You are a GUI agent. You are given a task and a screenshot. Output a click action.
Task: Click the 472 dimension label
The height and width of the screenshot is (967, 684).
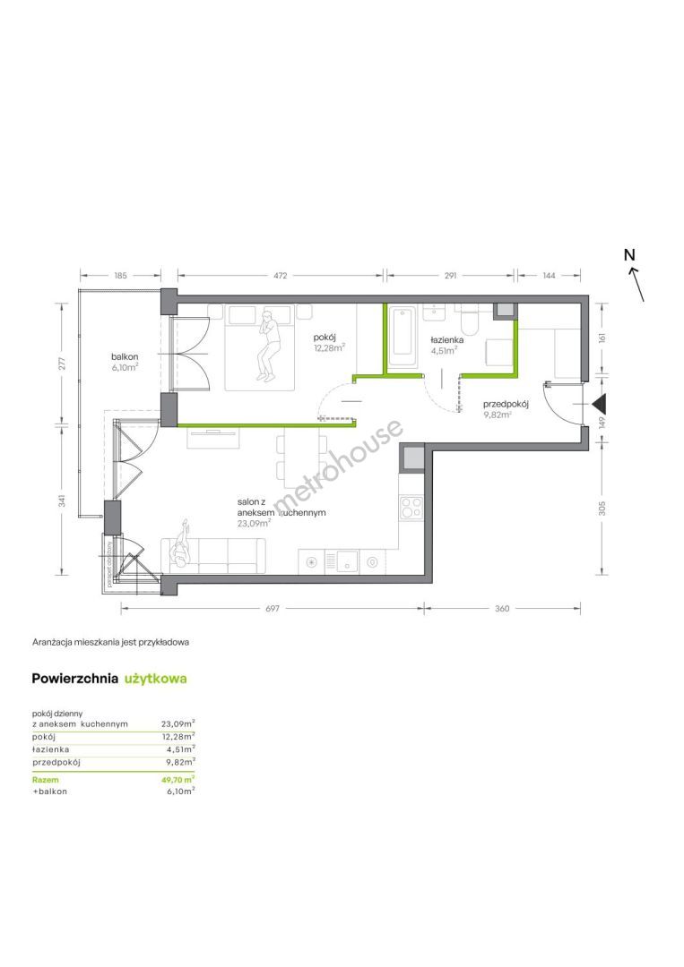coord(281,276)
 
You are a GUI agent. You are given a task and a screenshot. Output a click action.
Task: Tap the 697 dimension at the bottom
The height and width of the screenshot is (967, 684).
coord(273,608)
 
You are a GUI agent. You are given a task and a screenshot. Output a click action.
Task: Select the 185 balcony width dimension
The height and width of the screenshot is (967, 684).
coord(120,276)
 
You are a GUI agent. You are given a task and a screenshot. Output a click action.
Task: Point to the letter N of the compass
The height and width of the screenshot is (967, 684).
coord(629,254)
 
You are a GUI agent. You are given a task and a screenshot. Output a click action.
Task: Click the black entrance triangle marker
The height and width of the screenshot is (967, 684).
coord(599,404)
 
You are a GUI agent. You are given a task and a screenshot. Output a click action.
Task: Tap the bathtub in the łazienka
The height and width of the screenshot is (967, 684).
coord(403,338)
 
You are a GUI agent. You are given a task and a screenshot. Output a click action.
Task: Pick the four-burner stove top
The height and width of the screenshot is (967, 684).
coord(411,509)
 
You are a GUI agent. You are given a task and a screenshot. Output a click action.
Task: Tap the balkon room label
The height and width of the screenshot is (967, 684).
coord(125,356)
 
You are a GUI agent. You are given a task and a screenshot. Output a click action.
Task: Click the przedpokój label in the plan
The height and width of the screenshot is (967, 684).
coord(506,404)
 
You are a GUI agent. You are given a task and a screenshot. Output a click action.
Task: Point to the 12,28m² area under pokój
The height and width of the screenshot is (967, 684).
coord(328,347)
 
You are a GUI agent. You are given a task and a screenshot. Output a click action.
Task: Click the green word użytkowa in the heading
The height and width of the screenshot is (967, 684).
coord(156,679)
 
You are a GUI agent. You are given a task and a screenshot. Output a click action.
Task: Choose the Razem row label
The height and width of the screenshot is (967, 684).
coord(45,780)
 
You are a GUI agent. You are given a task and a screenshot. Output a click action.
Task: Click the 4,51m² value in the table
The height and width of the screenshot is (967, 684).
coord(181,749)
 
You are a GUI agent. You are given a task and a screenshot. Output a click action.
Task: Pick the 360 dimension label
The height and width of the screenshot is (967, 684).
coord(503,608)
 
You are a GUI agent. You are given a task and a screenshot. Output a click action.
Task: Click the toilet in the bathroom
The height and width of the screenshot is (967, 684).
coord(471,317)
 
